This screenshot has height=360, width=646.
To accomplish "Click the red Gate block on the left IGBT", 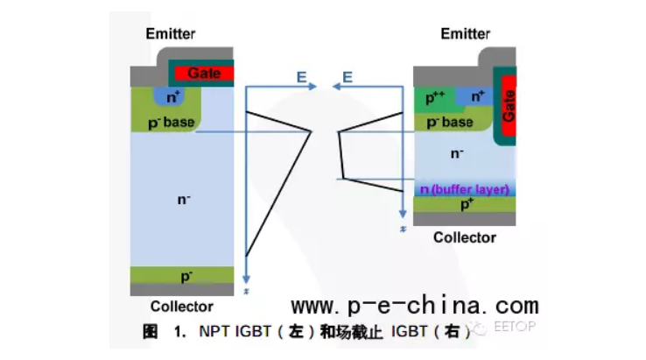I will (x=204, y=73).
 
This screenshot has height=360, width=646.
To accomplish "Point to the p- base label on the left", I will (x=171, y=122).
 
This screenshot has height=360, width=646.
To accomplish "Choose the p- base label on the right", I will (x=449, y=123).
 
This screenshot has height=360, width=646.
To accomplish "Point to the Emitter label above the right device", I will (x=465, y=33).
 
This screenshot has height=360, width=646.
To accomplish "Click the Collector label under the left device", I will (x=181, y=307).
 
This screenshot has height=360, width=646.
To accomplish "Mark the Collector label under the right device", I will (x=465, y=236).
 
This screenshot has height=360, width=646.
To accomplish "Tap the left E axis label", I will (x=300, y=77).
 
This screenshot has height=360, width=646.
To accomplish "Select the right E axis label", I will (x=348, y=77).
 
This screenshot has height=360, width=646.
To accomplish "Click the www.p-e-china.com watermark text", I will (x=414, y=306).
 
